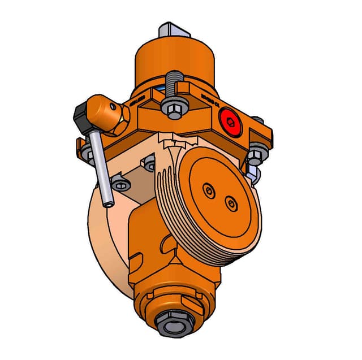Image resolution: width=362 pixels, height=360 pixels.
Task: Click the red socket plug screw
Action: [x=230, y=120]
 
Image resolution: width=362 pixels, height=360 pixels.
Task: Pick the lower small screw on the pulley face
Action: [x=230, y=202]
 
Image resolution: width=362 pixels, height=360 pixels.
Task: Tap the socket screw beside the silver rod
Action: [x=120, y=183]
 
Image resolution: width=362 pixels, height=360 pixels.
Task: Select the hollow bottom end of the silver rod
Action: [x=107, y=202]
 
